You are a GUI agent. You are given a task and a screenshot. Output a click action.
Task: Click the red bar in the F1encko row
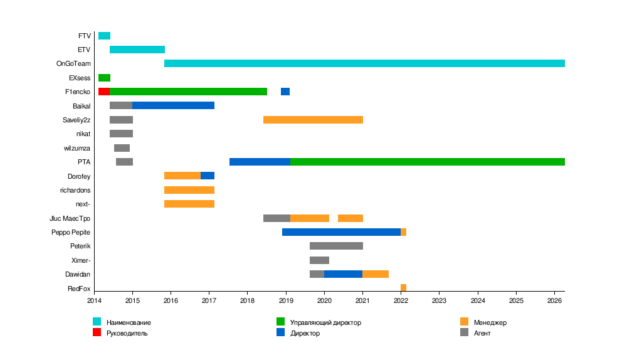coord(104,92)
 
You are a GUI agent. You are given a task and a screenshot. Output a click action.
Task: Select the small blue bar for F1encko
coord(285,92)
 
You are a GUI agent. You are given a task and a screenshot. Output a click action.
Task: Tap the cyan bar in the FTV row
coord(104,36)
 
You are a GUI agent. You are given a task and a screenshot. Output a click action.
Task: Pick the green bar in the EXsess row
coord(104,78)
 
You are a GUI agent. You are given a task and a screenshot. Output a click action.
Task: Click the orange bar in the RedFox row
coord(403,288)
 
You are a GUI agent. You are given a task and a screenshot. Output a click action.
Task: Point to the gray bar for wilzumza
coord(122,148)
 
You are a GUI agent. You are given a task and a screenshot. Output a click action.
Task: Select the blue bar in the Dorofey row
coord(208,176)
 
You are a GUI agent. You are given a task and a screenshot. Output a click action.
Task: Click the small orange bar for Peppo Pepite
coord(403,232)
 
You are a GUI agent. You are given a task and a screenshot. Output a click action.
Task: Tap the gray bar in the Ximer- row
coord(319,260)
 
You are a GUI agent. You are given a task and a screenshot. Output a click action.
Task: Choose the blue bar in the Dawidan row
coord(343,274)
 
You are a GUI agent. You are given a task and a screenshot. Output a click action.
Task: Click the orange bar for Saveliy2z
coord(313,120)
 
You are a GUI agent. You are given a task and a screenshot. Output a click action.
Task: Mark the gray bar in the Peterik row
coord(336,246)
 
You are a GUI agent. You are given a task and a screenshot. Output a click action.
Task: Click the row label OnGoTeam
coord(73,63)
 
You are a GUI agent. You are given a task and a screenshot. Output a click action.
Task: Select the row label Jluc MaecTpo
coord(70,218)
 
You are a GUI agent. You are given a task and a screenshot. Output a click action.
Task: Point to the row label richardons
coord(75,190)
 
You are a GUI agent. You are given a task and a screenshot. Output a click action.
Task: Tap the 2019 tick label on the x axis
coord(286,301)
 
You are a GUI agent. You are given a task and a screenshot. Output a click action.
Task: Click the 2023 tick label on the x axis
coord(440,301)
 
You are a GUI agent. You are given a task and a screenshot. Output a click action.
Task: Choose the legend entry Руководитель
coord(127,333)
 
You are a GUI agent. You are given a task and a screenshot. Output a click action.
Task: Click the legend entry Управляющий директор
coord(325,322)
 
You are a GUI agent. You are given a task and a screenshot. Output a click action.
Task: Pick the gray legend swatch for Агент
coord(464,332)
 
